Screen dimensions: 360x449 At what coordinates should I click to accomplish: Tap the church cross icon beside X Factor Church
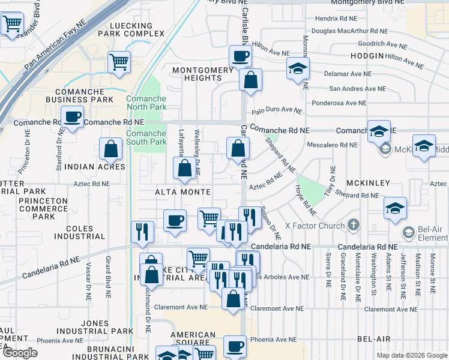coord(354,226)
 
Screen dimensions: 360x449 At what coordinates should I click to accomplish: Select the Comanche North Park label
coord(146,103)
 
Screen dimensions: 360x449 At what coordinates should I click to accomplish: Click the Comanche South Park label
coord(146,137)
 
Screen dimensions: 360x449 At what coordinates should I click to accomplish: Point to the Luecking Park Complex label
coord(138,29)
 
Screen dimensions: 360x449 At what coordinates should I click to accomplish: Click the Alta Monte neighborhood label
coord(183,192)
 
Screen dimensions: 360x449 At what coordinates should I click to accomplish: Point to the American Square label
coord(193,339)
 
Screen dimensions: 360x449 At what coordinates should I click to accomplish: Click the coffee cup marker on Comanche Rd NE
coord(73,117)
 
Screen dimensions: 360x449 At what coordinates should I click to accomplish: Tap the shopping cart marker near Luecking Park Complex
coord(119,61)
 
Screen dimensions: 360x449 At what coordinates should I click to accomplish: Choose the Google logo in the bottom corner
coord(20,353)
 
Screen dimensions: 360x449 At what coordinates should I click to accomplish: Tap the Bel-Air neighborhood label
coord(374,339)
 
